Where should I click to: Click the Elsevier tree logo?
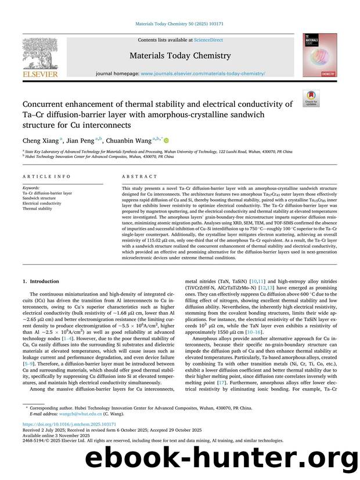[x=40, y=53]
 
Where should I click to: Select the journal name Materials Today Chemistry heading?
[x=180, y=56]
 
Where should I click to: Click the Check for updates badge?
[x=311, y=98]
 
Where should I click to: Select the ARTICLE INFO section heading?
[x=47, y=176]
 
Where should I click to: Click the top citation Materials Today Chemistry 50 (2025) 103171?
[x=180, y=25]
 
